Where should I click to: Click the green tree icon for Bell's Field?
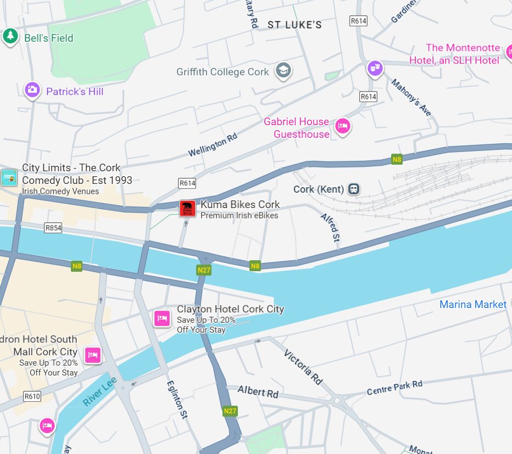[x=10, y=37]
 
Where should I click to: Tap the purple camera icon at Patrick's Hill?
[x=32, y=90]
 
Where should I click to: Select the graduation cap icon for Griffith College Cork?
[x=283, y=71]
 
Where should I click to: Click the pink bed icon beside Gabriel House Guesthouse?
[x=343, y=126]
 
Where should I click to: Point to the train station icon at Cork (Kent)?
[x=354, y=189]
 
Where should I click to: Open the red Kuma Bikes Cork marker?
[x=187, y=208]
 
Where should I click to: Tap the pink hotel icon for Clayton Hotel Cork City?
[x=162, y=318]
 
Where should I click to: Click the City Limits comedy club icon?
[x=9, y=177]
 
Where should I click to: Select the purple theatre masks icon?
[x=375, y=68]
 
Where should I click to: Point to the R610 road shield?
[x=32, y=396]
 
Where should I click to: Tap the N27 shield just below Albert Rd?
[x=230, y=411]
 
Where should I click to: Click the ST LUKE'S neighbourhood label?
[x=294, y=25]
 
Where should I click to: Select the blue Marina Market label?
[x=472, y=304]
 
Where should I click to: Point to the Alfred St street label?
[x=331, y=228]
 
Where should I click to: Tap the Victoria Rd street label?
[x=303, y=366]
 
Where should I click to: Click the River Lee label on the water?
[x=99, y=391]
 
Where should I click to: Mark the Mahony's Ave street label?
[x=411, y=97]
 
